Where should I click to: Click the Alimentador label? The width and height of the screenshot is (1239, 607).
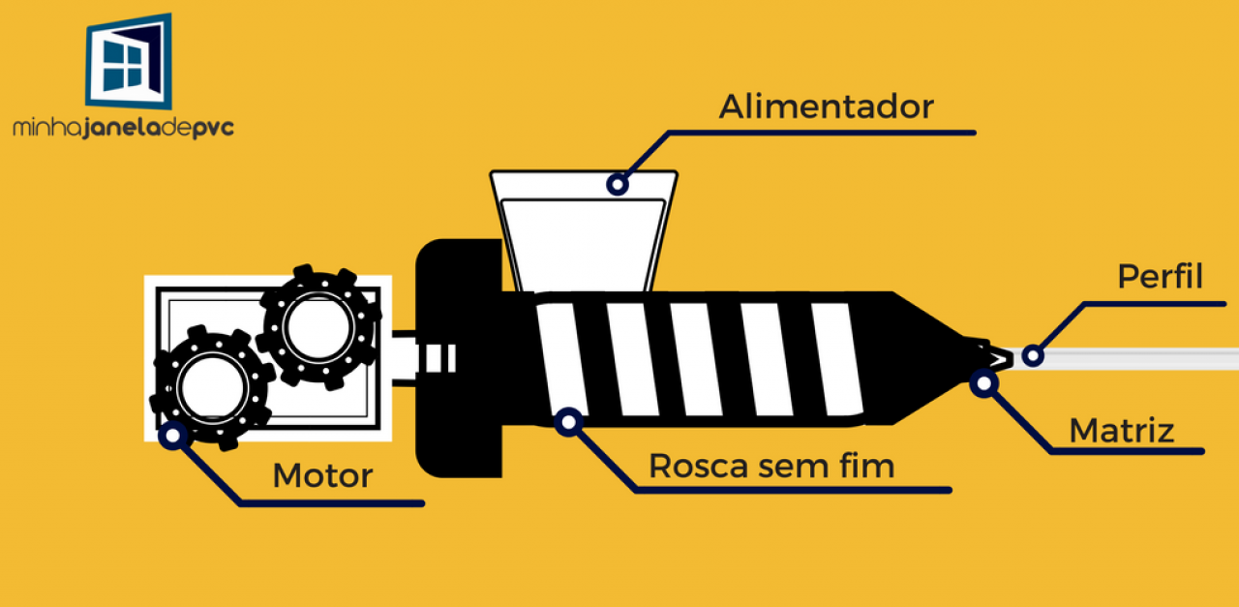pos(826,106)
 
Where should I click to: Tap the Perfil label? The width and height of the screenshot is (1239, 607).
pos(1160,277)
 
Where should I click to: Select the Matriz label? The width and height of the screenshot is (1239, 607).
pos(1121,430)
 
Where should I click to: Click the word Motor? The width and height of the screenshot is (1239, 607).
pos(322,476)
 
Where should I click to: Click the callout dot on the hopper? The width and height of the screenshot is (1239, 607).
pos(616,183)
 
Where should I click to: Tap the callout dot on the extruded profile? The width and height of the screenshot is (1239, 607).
pos(1033,355)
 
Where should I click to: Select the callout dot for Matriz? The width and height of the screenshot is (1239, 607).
pos(983,384)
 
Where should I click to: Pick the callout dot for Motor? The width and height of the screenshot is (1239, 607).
pos(173,436)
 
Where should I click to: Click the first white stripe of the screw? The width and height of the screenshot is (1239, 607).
pos(557,358)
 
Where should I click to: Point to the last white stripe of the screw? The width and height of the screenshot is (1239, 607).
pos(835,358)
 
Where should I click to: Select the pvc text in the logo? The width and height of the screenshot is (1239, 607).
pos(214,128)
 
